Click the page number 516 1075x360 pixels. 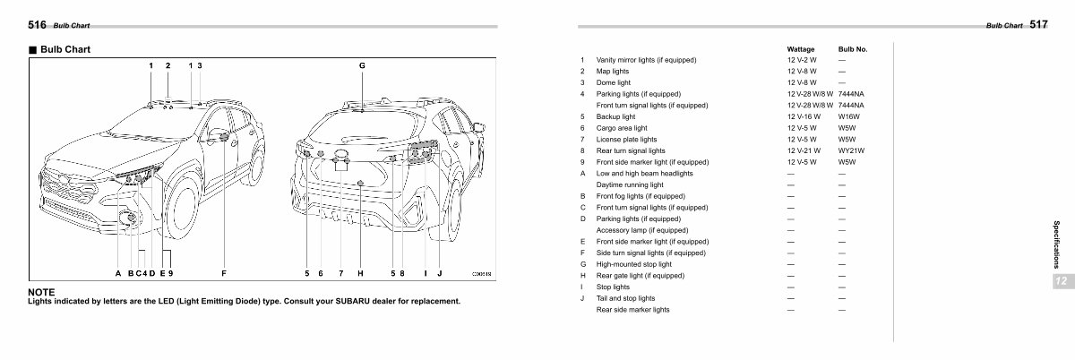tap(37, 25)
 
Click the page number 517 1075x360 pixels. tap(1038, 24)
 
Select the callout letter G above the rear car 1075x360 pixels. tap(362, 65)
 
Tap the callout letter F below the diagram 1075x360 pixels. tap(224, 274)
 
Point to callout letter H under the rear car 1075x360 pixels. tap(360, 274)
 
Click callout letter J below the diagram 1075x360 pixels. tap(440, 274)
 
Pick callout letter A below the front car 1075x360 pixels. tap(118, 274)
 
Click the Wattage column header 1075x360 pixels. tap(801, 49)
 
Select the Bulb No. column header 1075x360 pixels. tap(853, 49)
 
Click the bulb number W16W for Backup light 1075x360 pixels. tap(849, 116)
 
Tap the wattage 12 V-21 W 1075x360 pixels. tap(804, 150)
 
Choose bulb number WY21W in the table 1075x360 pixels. tap(851, 150)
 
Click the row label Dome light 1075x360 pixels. tap(614, 82)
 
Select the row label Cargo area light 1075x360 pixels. tap(622, 128)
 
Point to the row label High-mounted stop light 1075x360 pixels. tap(634, 264)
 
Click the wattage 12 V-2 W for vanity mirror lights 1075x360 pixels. tap(802, 60)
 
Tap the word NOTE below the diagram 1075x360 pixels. tap(41, 292)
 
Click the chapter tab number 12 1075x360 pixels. tap(1061, 281)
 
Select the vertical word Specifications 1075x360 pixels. tap(1056, 244)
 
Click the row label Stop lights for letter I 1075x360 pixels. tap(613, 287)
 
